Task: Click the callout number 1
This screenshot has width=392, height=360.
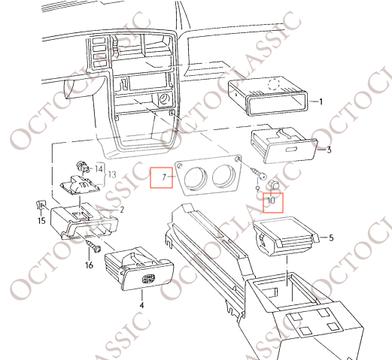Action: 321,101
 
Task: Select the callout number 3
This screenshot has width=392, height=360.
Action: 329,150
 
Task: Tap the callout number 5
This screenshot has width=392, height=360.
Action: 331,237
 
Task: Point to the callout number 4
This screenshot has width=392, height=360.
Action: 141,305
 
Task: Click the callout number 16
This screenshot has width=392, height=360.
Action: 89,265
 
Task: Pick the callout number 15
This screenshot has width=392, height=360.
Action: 41,221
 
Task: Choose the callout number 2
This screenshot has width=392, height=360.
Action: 122,210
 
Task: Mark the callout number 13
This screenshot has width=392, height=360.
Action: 112,174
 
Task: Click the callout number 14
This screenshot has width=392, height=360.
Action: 99,169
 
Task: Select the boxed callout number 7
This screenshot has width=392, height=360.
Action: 164,177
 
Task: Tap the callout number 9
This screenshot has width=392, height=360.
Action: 257,189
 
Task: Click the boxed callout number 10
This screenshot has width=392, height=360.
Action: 271,201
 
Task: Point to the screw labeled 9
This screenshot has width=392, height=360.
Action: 258,174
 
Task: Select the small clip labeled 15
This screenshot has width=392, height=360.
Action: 41,205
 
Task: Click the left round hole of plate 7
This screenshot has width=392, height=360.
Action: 196,178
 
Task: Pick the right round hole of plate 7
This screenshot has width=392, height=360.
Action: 225,176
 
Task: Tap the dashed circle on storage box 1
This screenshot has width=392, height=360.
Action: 274,84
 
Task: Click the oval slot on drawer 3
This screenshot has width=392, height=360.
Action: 291,150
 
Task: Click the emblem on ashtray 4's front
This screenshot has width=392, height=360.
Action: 149,278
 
